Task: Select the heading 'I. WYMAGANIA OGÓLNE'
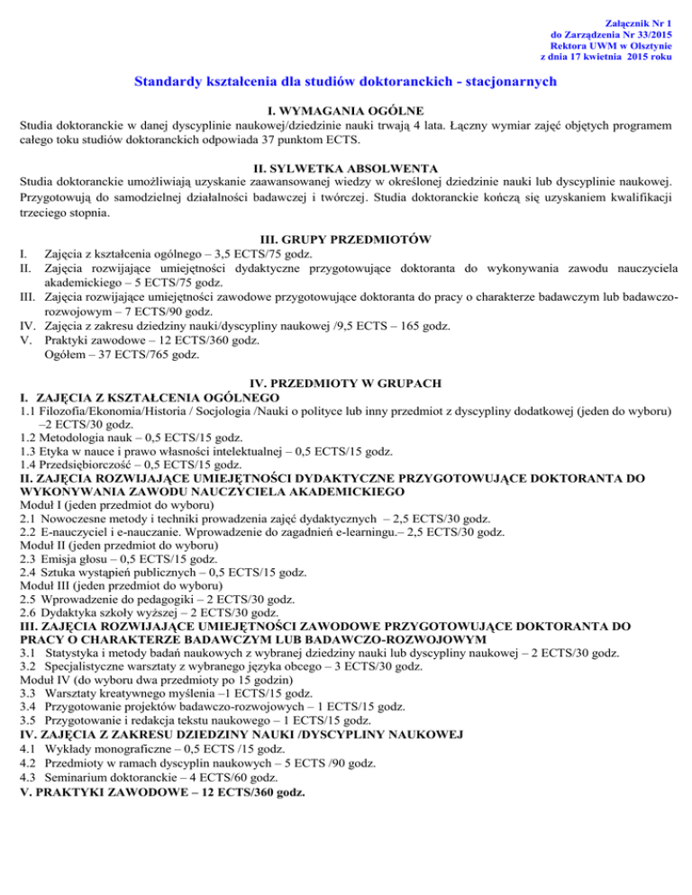[x=346, y=106]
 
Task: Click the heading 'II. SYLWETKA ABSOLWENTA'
[x=346, y=167]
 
